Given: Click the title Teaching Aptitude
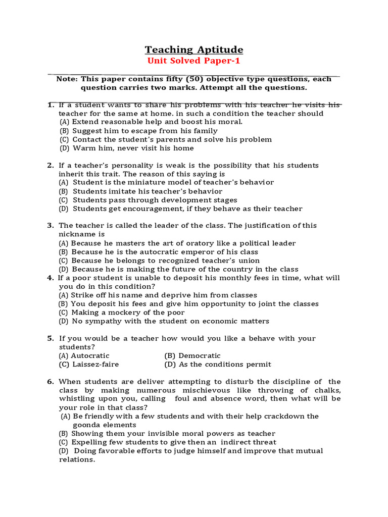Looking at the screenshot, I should (194, 49).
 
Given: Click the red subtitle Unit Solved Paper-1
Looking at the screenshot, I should (194, 61).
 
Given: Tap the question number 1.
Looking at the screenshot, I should (51, 105).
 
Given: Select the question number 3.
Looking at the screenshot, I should (51, 226).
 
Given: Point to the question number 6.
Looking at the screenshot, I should (51, 382).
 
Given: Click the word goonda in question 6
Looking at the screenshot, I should (87, 425).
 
